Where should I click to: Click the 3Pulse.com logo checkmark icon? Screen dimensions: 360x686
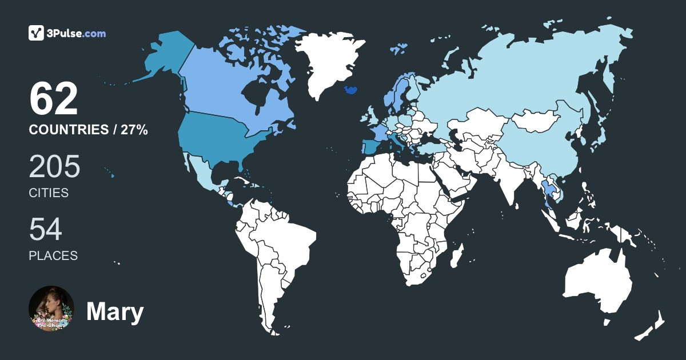pyautogui.click(x=37, y=33)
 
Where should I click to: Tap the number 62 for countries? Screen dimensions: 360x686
pyautogui.click(x=53, y=99)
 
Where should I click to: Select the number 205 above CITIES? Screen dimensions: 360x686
pyautogui.click(x=54, y=167)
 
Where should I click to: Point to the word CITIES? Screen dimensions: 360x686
pyautogui.click(x=49, y=193)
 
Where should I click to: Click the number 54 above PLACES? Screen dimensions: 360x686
pyautogui.click(x=45, y=230)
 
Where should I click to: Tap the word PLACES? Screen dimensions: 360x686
pyautogui.click(x=53, y=256)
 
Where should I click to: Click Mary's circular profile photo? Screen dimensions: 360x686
pyautogui.click(x=51, y=309)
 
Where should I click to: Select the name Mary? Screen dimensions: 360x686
pyautogui.click(x=114, y=312)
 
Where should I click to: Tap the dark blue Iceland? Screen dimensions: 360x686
pyautogui.click(x=350, y=91)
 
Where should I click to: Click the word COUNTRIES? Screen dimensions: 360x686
pyautogui.click(x=69, y=130)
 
